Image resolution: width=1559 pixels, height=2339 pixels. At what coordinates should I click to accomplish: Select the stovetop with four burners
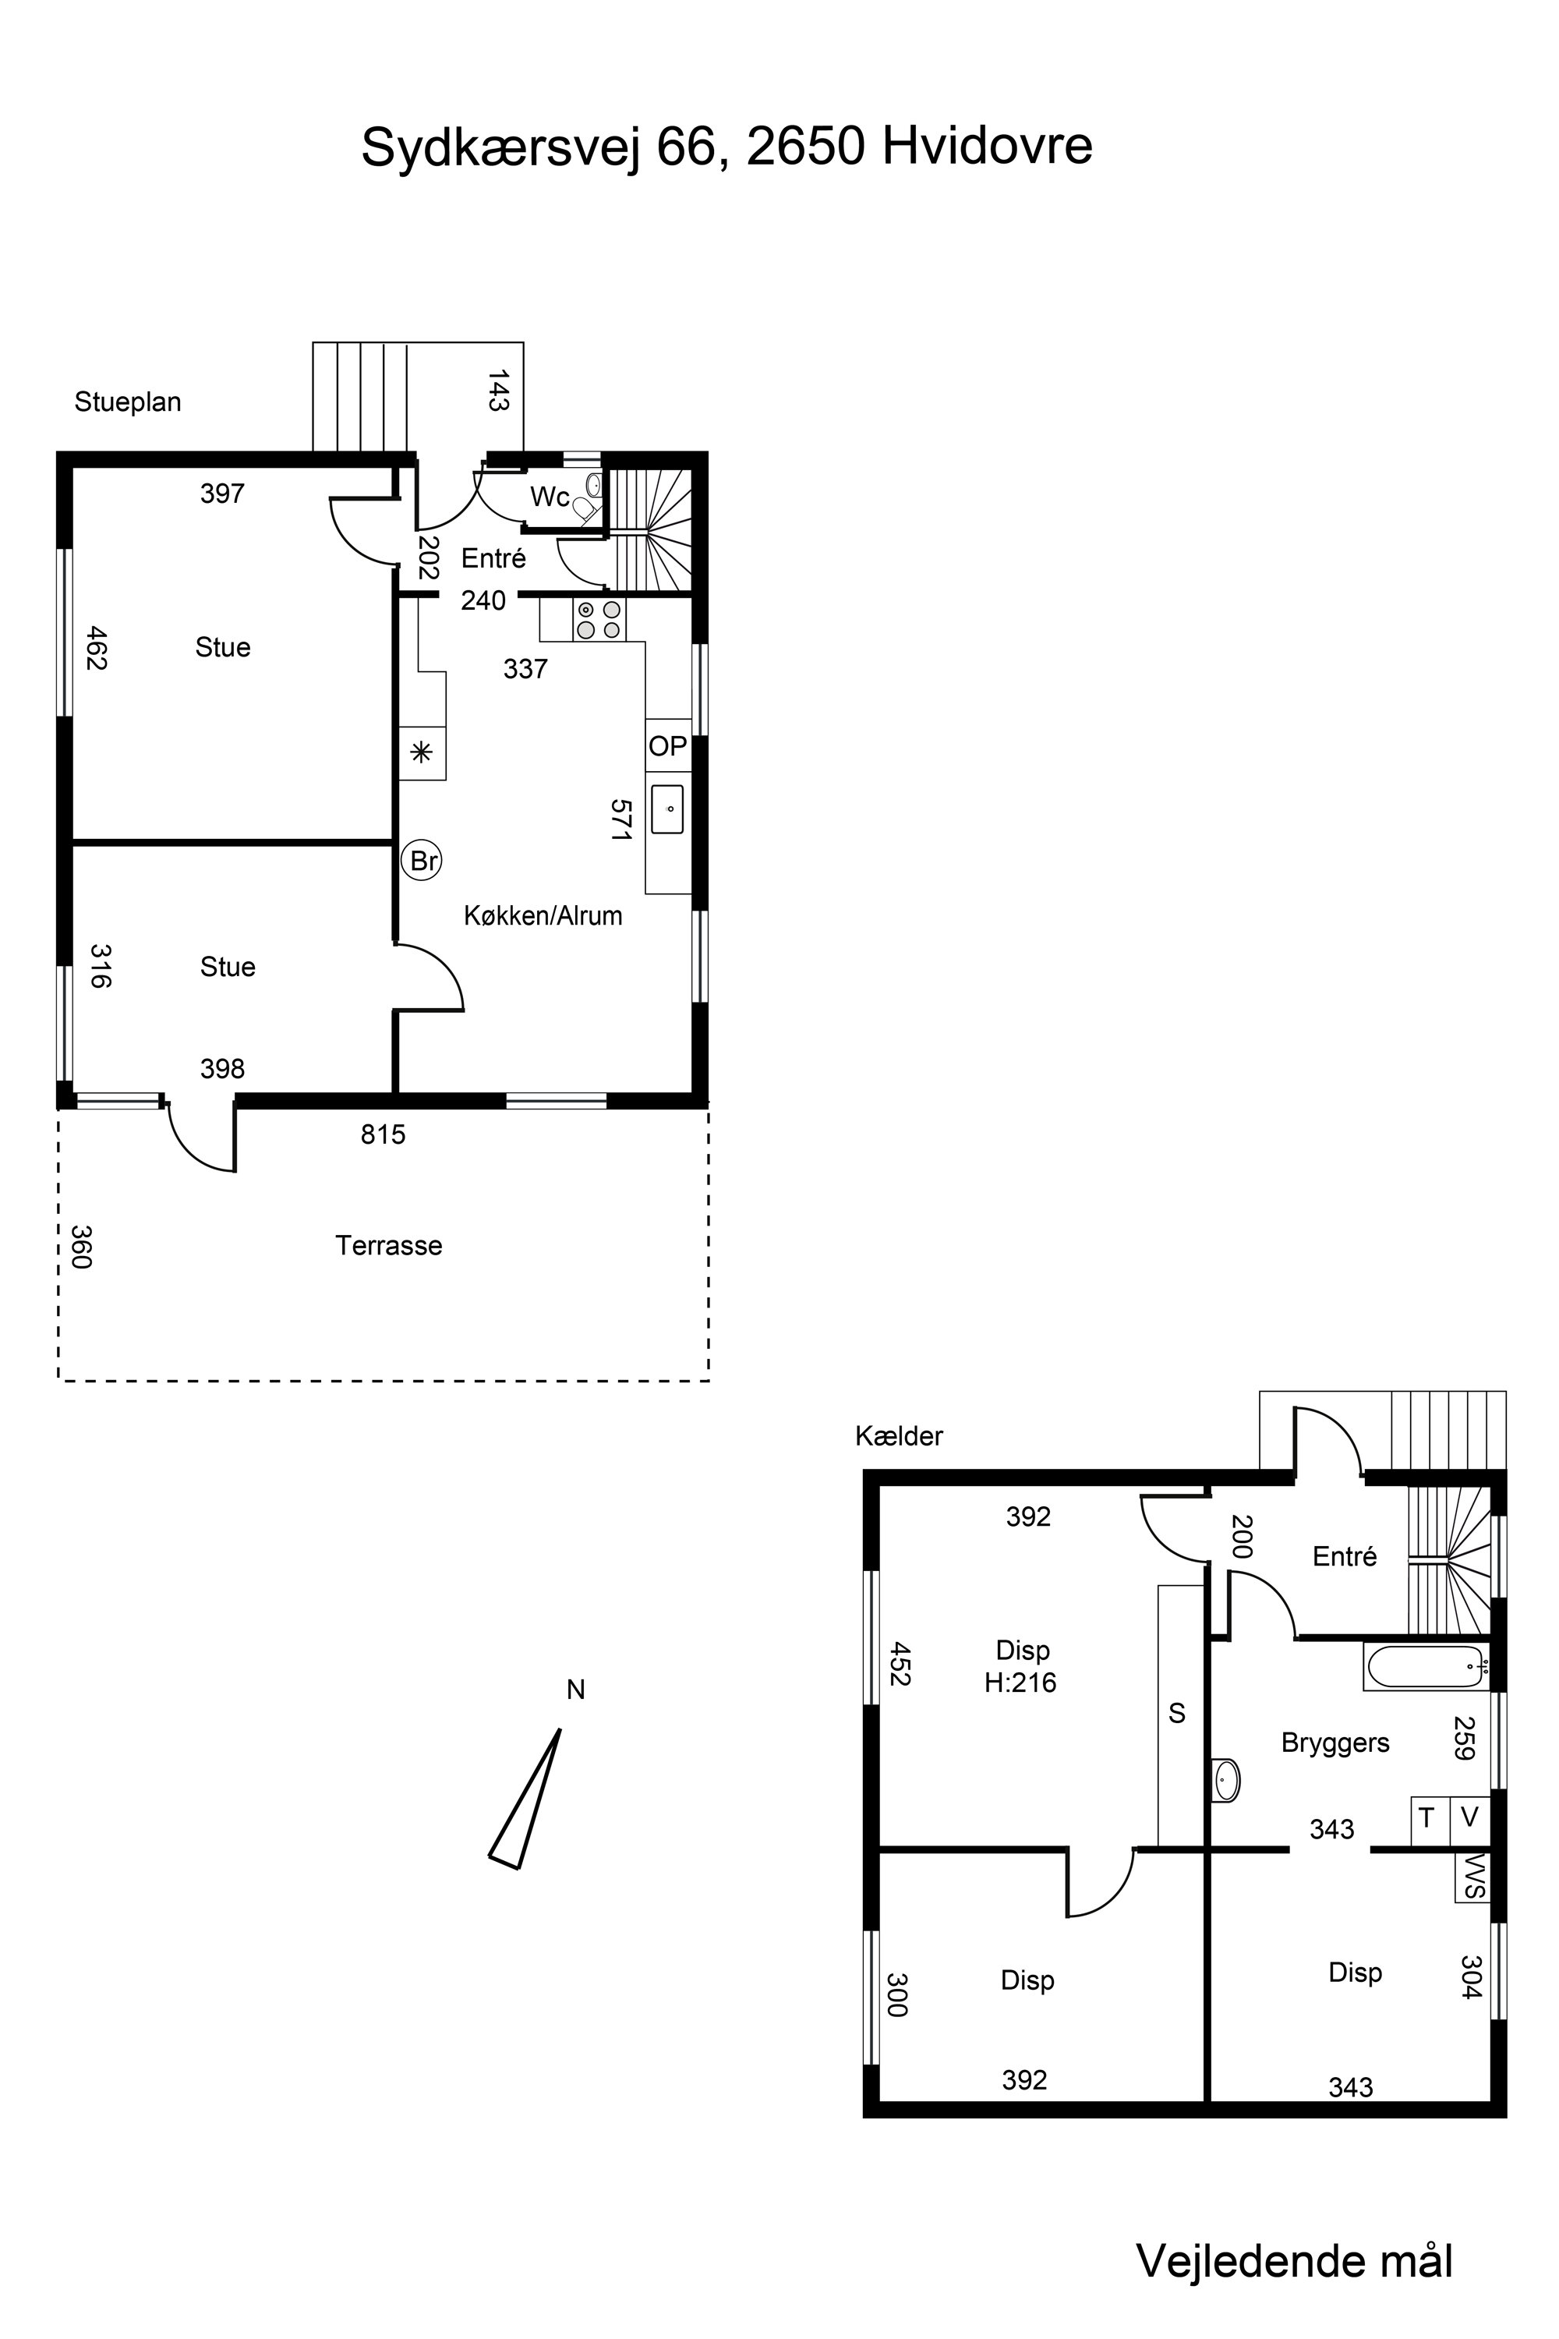point(599,620)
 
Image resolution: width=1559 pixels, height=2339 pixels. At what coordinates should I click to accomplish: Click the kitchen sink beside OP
point(667,809)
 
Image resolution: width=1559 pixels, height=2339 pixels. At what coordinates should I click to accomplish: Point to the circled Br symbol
point(422,860)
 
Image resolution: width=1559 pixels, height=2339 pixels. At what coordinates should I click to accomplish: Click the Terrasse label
point(389,1245)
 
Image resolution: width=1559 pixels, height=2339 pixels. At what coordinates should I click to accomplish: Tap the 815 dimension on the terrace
point(383,1134)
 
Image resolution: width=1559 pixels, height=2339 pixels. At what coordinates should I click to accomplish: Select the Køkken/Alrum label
point(543,915)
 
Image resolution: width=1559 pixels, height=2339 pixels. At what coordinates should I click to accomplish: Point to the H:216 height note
point(1020,1683)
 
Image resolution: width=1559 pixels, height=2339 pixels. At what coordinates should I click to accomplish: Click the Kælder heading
point(899,1436)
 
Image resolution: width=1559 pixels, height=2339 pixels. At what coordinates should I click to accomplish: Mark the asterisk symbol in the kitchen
point(422,752)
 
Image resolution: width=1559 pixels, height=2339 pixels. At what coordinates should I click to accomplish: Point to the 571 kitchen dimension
point(621,820)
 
